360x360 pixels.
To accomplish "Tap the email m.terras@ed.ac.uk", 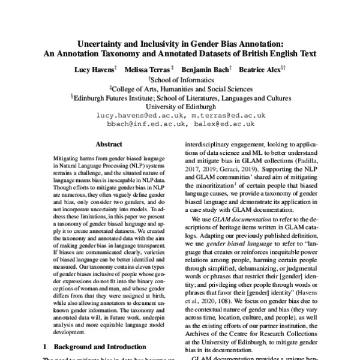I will point(227,115).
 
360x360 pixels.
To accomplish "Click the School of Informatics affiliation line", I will point(181,80).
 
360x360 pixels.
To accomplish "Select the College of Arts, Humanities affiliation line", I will point(181,88).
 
